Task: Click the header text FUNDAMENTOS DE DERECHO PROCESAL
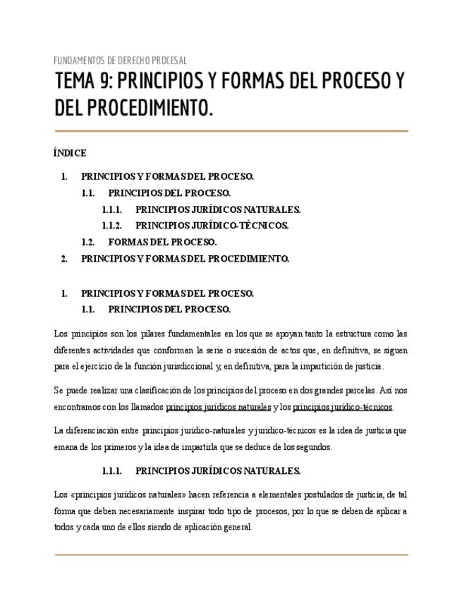tap(121, 61)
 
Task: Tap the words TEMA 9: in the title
tap(83, 83)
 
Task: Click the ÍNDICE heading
tap(70, 153)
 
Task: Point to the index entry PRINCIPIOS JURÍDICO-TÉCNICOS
tap(212, 226)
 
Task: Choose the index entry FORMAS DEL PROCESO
tap(162, 242)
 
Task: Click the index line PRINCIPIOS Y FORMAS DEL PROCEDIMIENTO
tap(185, 259)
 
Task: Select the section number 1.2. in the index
tap(88, 242)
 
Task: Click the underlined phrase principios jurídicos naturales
tap(218, 407)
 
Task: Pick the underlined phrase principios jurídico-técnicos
tap(343, 407)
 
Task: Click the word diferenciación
tap(95, 430)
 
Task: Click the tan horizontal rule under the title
tap(231, 130)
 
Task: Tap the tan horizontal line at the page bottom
tap(231, 555)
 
